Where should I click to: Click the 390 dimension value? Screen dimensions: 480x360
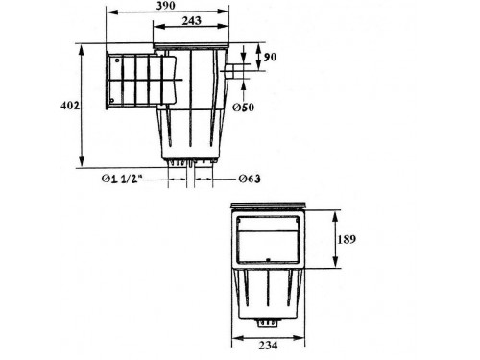point(166,6)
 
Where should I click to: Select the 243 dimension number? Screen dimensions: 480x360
point(192,21)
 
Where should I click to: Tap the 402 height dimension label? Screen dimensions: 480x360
point(70,106)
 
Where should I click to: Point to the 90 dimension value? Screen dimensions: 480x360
point(270,58)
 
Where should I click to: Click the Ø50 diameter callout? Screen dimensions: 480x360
point(243,108)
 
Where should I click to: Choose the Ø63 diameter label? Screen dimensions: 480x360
point(250,179)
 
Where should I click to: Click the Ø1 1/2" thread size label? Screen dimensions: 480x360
point(122,179)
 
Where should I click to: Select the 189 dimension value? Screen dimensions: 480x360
point(347,239)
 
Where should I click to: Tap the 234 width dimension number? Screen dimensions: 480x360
point(268,346)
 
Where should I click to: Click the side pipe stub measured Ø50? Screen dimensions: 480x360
point(229,71)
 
